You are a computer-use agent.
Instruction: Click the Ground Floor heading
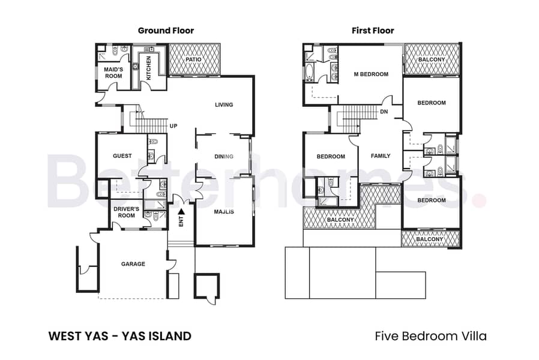(166, 31)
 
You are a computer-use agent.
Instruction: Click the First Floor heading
(373, 31)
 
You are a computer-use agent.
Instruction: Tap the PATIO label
(193, 59)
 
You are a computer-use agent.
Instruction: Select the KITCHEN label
(148, 68)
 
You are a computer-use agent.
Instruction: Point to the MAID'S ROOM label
(113, 73)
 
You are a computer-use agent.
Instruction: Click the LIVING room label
(224, 105)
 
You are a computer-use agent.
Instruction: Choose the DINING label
(224, 157)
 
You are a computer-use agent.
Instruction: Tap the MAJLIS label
(224, 212)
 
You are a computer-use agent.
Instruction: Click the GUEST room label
(122, 156)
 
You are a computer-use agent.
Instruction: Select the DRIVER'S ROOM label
(127, 212)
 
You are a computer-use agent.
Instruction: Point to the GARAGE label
(133, 264)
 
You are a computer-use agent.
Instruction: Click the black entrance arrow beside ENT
(181, 212)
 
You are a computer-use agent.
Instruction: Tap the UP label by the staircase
(173, 126)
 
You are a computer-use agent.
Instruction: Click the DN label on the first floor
(384, 112)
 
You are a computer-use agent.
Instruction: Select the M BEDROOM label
(372, 74)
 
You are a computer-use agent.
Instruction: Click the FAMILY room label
(381, 156)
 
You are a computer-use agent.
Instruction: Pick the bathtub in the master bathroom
(309, 72)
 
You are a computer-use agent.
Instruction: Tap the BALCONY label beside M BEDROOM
(432, 59)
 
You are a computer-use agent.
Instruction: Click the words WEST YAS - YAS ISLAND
(120, 336)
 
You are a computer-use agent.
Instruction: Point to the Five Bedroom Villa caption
(431, 336)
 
